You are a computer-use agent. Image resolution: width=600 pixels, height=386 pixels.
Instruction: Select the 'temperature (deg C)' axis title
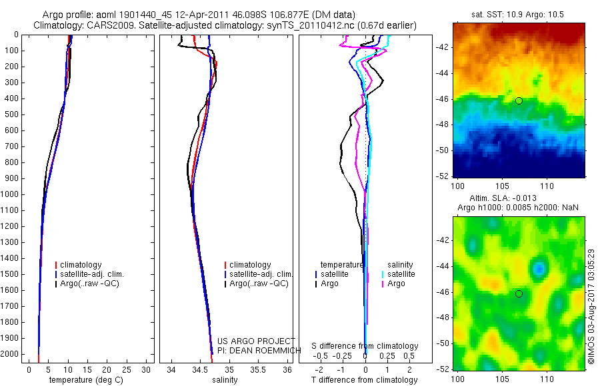point(85,380)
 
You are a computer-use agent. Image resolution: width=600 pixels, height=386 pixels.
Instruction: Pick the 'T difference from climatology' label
point(365,380)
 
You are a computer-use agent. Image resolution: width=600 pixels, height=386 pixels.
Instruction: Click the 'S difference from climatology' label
point(365,346)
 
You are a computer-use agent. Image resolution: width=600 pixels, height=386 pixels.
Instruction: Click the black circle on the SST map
point(519,100)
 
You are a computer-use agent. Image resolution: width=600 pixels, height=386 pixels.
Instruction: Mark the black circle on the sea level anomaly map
point(519,293)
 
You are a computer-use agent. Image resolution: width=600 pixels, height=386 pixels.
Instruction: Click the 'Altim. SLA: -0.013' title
point(507,198)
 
